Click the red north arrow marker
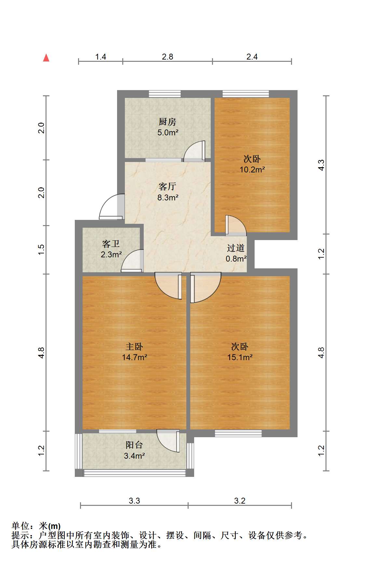[x=46, y=58]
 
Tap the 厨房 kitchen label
[x=167, y=122]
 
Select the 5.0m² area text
[x=168, y=132]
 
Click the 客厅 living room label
[x=167, y=186]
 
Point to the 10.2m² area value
[x=252, y=169]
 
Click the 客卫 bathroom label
[x=111, y=244]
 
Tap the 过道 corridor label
[x=236, y=248]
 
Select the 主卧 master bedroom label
[x=134, y=346]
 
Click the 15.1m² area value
[x=240, y=357]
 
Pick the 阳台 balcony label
[x=134, y=445]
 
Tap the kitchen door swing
[x=194, y=151]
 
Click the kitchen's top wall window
[x=165, y=94]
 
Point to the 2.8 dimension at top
[x=167, y=57]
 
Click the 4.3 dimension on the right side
[x=321, y=165]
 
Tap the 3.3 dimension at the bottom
[x=134, y=501]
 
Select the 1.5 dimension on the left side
[x=41, y=249]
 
